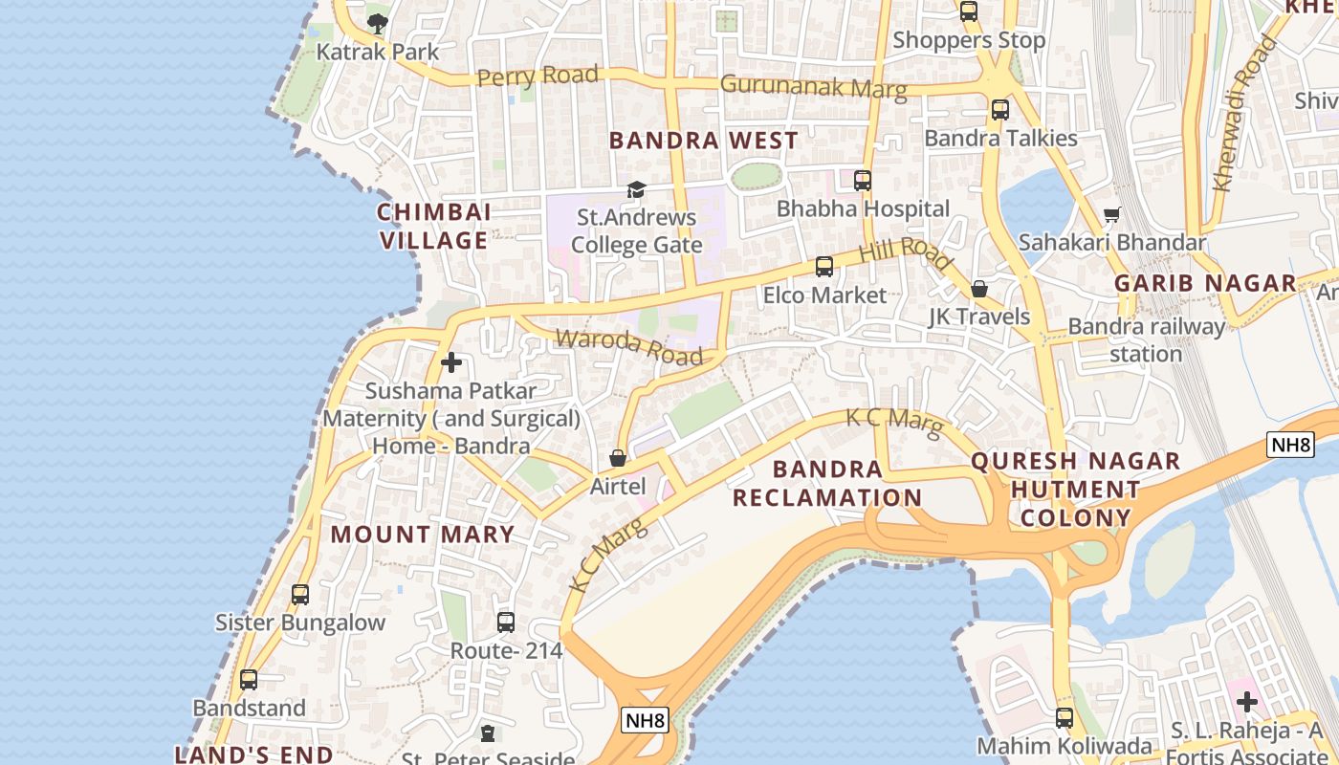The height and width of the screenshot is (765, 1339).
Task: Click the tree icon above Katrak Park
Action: tap(378, 22)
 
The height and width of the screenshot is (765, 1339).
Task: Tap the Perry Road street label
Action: tap(538, 76)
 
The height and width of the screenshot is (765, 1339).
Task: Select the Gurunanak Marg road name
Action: tap(813, 87)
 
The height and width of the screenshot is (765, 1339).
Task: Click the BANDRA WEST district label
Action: tap(703, 141)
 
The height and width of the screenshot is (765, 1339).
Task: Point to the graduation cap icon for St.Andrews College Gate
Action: tap(636, 189)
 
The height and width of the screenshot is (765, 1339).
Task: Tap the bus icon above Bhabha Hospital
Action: tap(863, 180)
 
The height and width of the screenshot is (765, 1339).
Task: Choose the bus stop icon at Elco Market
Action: tap(823, 267)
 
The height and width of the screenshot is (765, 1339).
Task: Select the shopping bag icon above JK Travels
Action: tap(979, 289)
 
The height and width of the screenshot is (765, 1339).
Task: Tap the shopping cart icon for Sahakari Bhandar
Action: tap(1111, 215)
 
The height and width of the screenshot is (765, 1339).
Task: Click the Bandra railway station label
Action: tap(1146, 340)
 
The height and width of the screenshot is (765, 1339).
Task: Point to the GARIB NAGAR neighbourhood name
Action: tap(1205, 283)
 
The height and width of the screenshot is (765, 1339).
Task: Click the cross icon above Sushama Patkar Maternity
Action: tap(451, 362)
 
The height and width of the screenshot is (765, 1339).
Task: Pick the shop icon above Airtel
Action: tap(618, 458)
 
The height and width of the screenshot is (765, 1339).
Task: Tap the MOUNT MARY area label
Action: tap(423, 535)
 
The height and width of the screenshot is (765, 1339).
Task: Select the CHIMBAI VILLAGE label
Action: tap(434, 227)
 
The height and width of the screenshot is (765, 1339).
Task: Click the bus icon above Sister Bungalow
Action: tap(300, 595)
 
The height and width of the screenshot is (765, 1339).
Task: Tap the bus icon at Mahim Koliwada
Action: tap(1065, 717)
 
